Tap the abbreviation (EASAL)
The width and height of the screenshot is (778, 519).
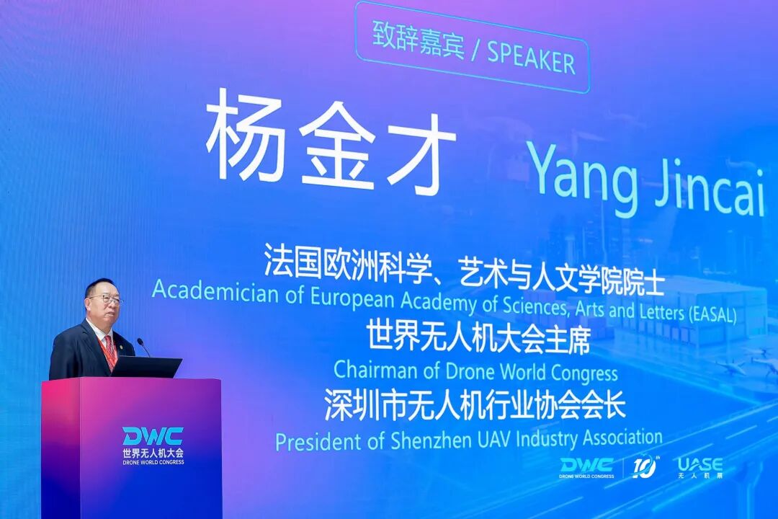point(712,314)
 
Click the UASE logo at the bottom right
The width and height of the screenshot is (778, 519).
point(700,467)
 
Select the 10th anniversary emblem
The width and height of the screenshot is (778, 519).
point(645,467)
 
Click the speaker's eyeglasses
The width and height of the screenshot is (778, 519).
point(106,298)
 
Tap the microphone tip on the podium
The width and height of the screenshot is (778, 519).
point(140,342)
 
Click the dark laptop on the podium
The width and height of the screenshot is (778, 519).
point(146,367)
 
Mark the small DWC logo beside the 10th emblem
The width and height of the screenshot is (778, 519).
point(587,468)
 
